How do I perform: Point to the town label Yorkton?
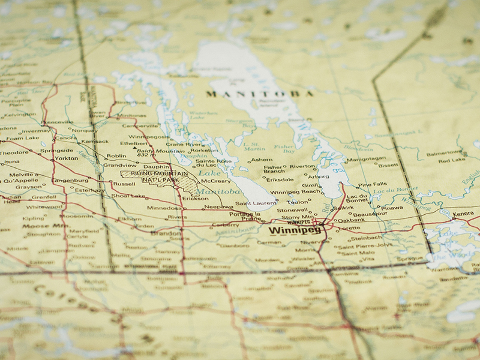tap(66, 158)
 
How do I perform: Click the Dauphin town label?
tap(157, 166)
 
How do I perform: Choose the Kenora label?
tap(463, 214)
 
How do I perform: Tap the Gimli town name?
tap(310, 185)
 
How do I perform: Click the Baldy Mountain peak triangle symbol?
tap(158, 151)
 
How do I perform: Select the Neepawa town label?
tap(218, 206)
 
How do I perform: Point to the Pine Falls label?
tap(372, 185)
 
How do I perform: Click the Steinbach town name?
tap(365, 237)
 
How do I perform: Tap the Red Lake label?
tap(451, 160)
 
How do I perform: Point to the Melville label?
tap(22, 175)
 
